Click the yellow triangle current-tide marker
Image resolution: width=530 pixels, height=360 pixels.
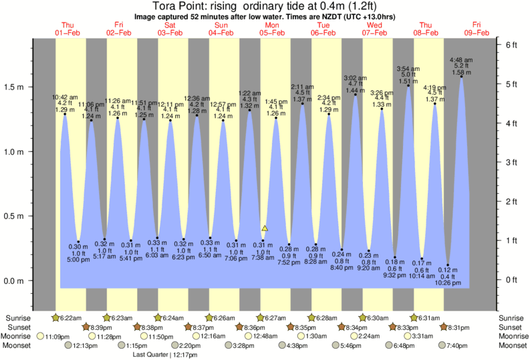coord(265,228)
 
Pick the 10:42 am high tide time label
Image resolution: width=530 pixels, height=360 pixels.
coord(65,96)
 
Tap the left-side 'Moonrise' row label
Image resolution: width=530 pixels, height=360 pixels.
coord(17,336)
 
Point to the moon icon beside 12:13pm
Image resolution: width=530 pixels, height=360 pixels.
coord(70,345)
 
